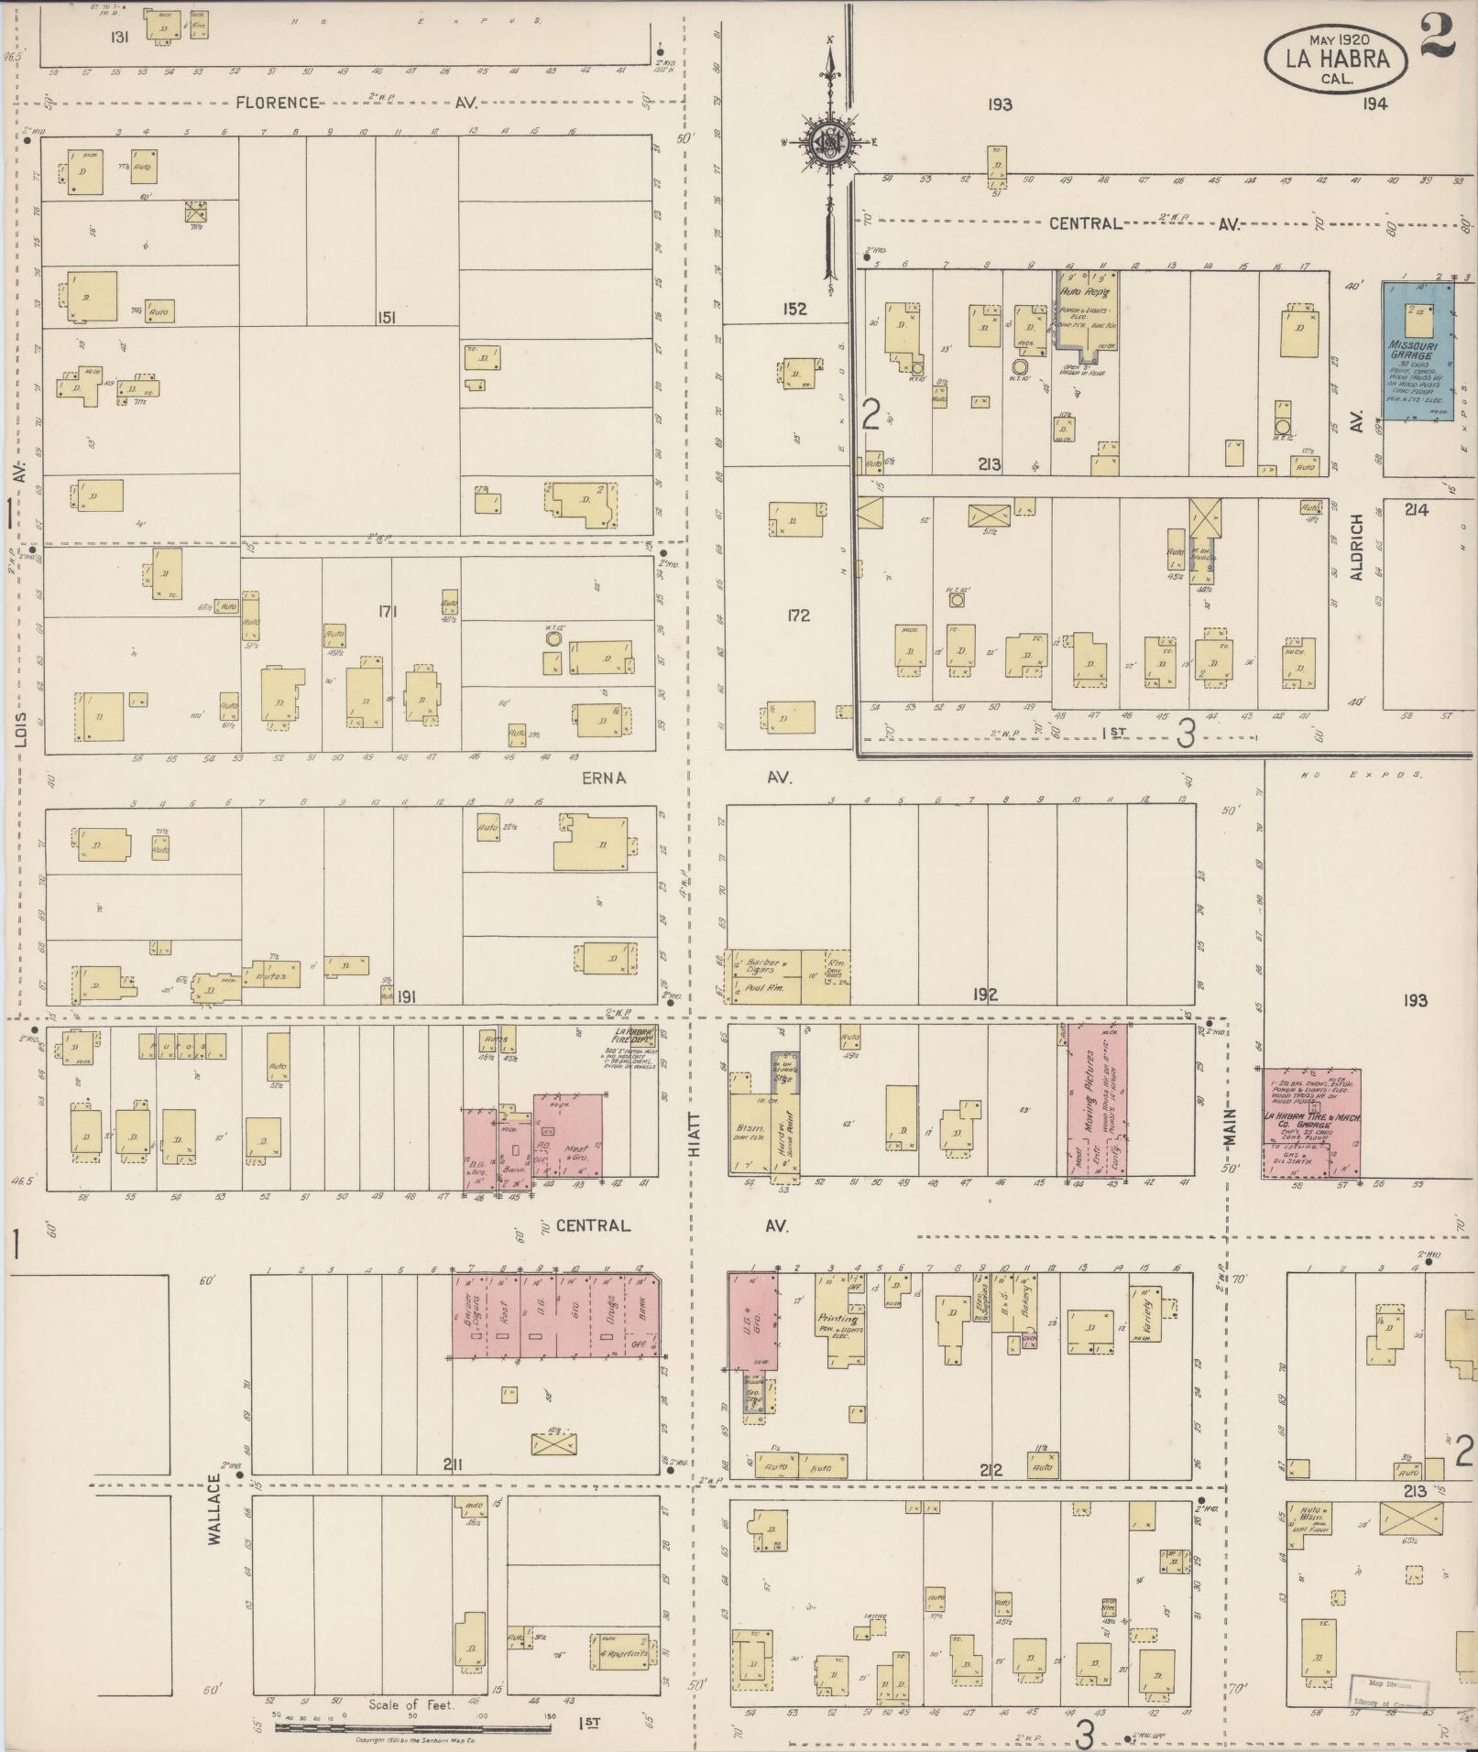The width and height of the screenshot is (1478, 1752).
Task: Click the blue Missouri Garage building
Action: tap(1417, 351)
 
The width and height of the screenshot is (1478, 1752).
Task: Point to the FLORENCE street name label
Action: tap(278, 103)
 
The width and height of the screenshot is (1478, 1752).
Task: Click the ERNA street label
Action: tap(603, 778)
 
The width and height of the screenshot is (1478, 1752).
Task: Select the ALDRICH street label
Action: tap(1357, 546)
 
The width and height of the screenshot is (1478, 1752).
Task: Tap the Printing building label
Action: tap(838, 1321)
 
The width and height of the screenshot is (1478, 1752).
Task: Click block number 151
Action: tap(387, 317)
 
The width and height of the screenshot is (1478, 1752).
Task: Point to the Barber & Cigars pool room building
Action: tap(763, 976)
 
